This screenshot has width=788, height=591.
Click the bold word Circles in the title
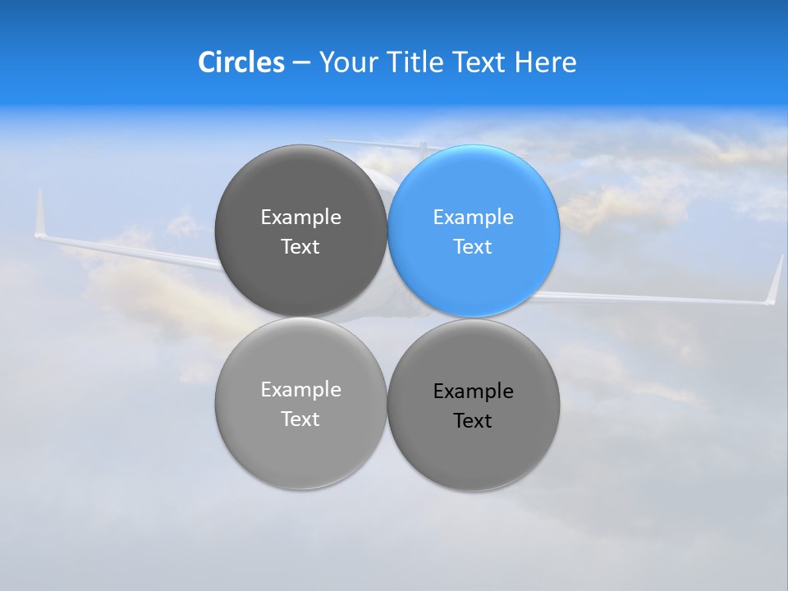point(241,62)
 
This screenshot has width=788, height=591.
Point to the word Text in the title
point(481,62)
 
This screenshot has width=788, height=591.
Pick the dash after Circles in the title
point(301,63)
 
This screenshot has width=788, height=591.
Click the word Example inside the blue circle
point(474,218)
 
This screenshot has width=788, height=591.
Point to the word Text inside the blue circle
point(473,247)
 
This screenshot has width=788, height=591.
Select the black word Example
point(474,392)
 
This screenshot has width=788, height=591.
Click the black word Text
point(473,421)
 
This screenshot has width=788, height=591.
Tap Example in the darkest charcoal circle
point(300,218)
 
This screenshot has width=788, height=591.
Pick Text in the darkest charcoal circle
point(300,247)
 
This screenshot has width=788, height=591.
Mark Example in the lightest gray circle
point(300,390)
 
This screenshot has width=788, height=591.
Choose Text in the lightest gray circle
point(300,419)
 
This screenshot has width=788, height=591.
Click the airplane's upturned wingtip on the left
point(39,215)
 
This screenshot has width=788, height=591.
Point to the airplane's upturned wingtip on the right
point(775,281)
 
